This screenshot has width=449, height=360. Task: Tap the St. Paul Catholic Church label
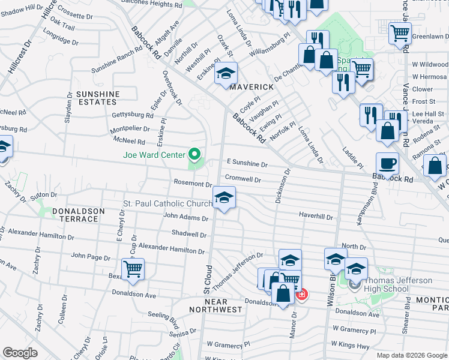click(x=167, y=204)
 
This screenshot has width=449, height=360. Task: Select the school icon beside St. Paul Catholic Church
click(x=224, y=197)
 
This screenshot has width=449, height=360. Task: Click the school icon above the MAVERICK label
click(x=226, y=74)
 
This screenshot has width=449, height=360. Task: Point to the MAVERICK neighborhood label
click(x=252, y=87)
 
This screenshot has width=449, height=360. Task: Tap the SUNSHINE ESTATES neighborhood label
click(x=97, y=98)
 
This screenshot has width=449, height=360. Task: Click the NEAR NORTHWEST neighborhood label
click(x=215, y=305)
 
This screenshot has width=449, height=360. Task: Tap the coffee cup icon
click(x=387, y=163)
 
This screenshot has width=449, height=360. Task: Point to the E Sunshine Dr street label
click(x=247, y=163)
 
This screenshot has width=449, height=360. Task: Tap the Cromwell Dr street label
click(x=243, y=179)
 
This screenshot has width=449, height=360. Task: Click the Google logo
click(x=20, y=352)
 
